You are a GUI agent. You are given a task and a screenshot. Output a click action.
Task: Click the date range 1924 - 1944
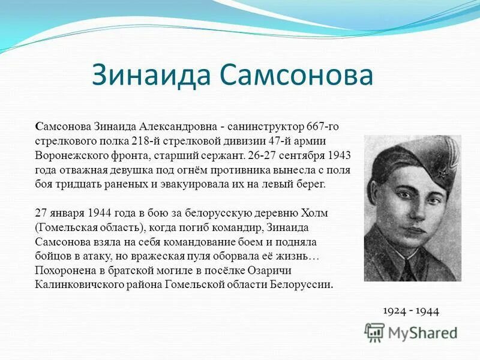click(x=411, y=311)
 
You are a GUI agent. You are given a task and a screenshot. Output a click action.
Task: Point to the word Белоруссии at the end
click(x=303, y=284)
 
